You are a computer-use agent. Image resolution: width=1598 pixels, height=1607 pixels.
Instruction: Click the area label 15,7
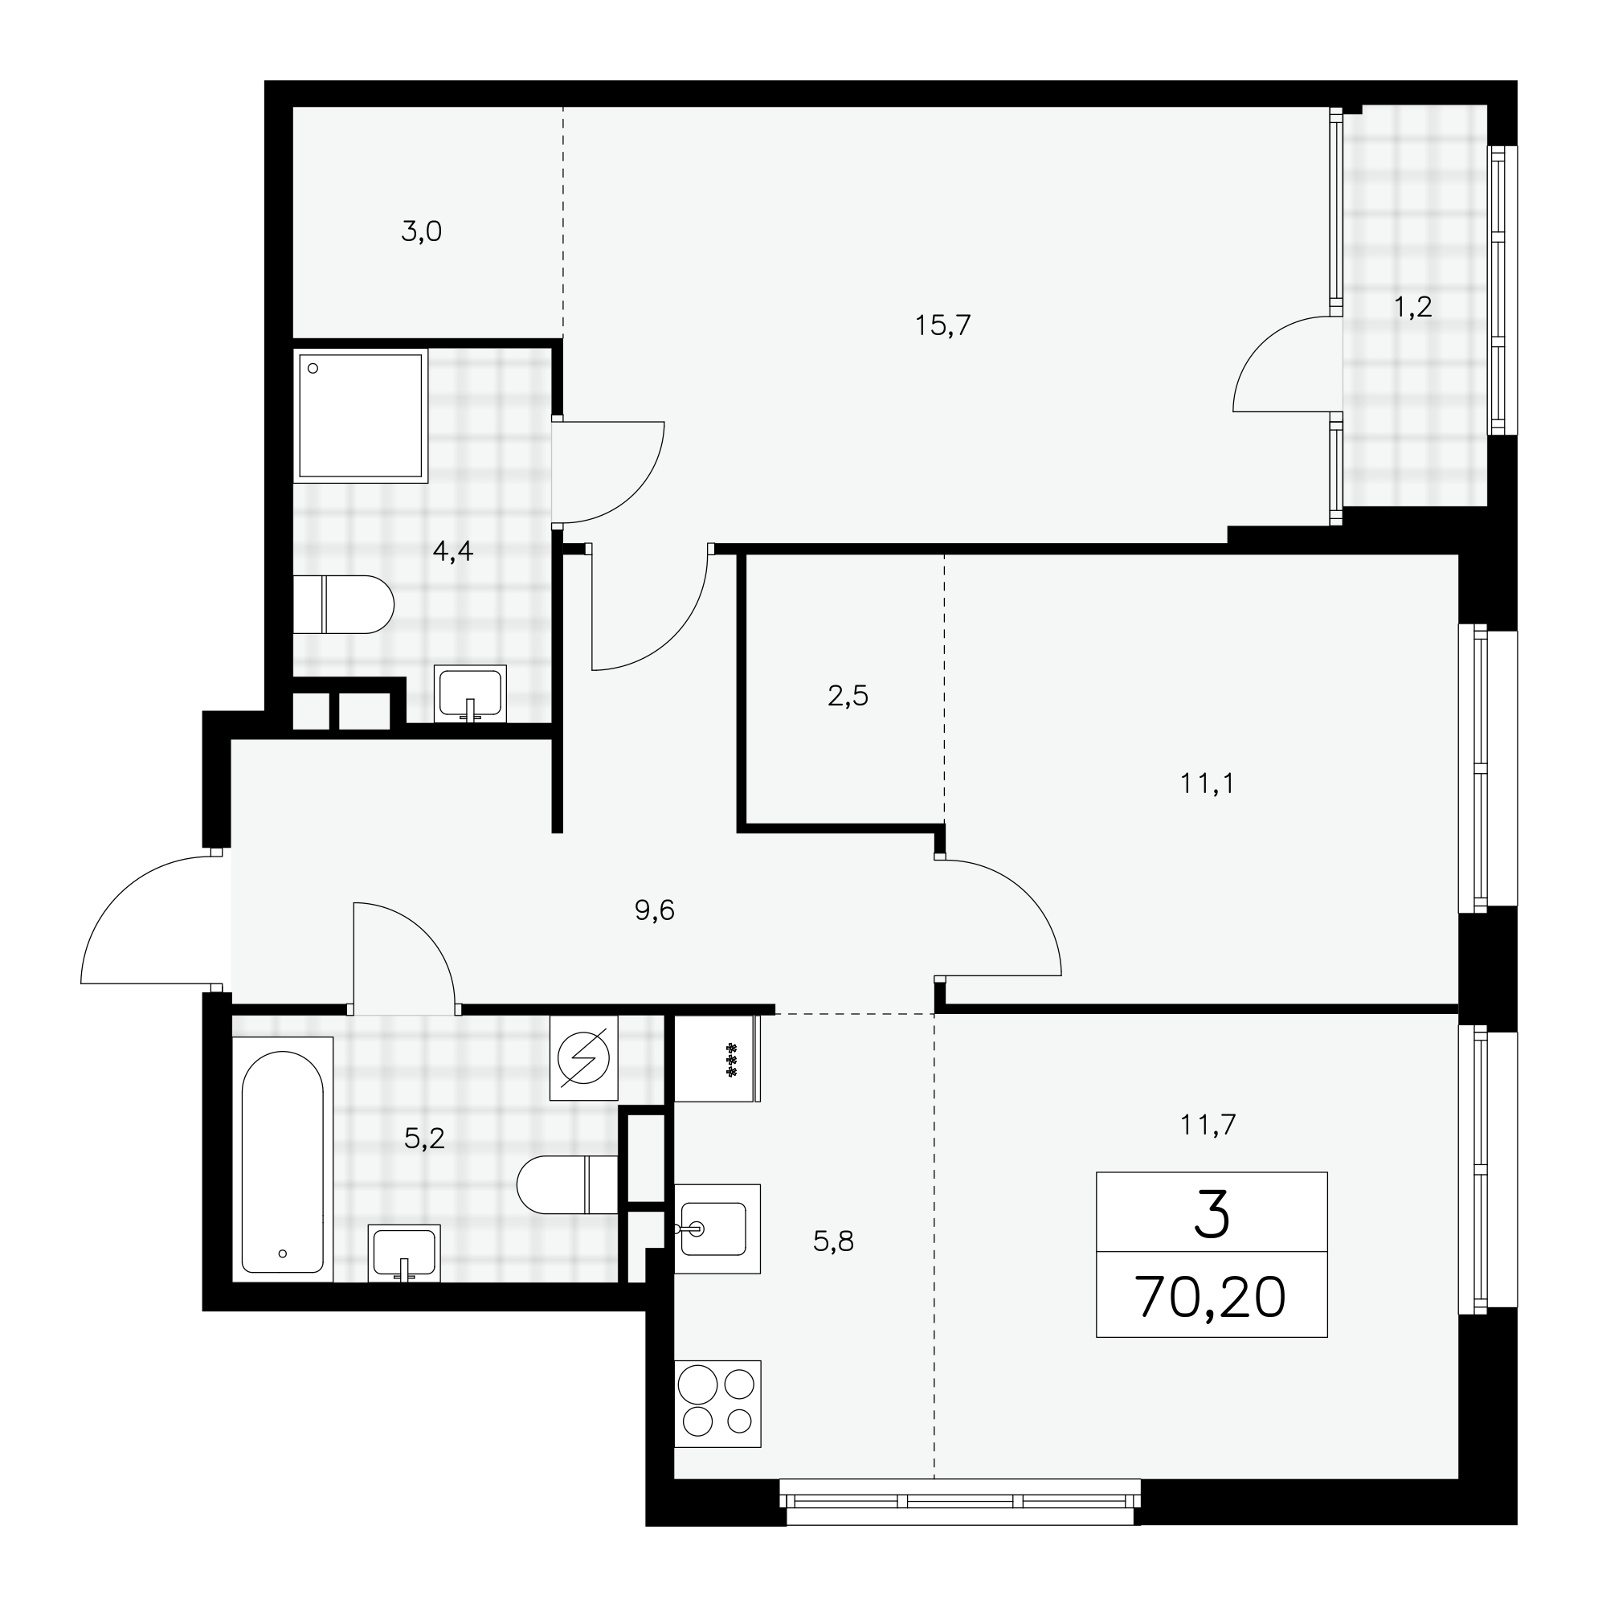(x=942, y=325)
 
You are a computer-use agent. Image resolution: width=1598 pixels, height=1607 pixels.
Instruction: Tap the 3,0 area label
(x=421, y=231)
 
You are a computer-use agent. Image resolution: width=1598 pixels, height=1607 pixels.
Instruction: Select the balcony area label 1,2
(x=1412, y=307)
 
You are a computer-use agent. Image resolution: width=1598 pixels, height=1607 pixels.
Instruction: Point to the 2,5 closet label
(x=848, y=695)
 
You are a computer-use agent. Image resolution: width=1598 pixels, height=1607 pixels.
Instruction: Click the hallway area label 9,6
(x=654, y=911)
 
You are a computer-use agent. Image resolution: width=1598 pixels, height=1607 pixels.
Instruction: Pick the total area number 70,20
(x=1211, y=1297)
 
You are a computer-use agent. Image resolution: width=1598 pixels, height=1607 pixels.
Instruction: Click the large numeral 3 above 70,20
(x=1212, y=1214)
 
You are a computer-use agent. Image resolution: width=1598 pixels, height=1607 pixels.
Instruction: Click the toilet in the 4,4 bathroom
(x=343, y=604)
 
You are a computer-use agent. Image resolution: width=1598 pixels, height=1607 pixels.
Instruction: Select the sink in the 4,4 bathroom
(x=470, y=693)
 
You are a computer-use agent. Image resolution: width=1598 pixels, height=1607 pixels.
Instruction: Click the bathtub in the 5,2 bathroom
(x=282, y=1162)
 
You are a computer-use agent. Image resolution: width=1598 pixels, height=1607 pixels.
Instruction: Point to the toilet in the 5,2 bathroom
(x=567, y=1184)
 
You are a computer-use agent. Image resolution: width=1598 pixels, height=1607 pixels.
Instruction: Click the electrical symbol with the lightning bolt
(x=584, y=1059)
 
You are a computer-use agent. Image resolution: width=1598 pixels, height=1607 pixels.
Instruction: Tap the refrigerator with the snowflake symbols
(x=717, y=1059)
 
